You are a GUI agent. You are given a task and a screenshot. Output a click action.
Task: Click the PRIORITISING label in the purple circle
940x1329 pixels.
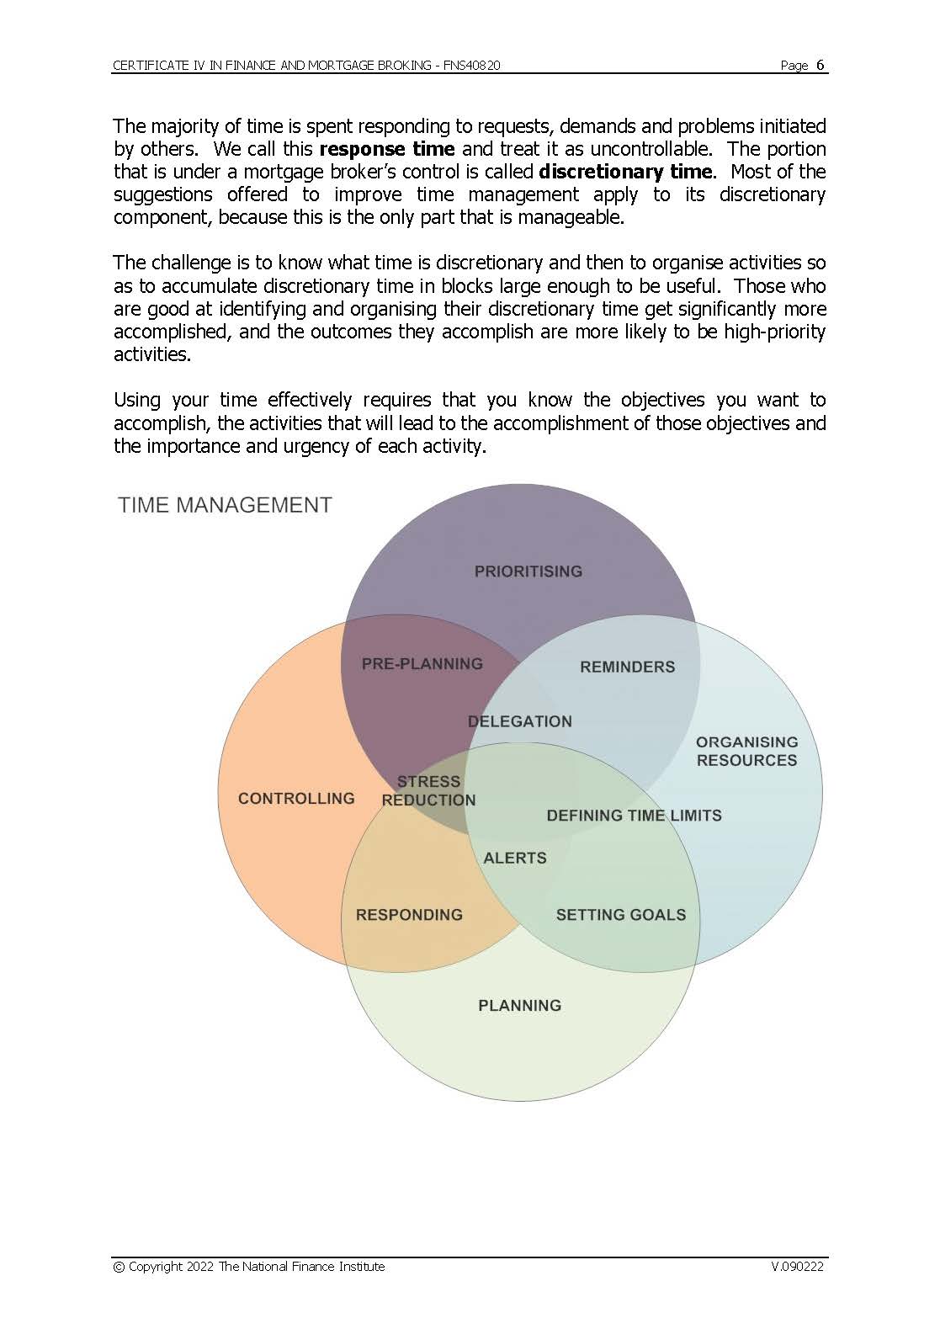pos(528,571)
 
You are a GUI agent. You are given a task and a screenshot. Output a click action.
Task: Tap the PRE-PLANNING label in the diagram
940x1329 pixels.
pos(422,664)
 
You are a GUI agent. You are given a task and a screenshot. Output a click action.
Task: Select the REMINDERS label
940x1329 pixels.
pos(627,667)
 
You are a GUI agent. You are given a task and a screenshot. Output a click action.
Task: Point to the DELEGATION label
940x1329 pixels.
pos(519,721)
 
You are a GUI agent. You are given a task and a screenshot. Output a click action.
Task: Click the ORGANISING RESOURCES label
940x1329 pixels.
pos(746,751)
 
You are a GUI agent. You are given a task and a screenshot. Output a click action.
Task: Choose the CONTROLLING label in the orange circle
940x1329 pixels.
pos(296,799)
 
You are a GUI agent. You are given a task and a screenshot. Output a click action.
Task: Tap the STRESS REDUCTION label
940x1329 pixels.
pos(428,791)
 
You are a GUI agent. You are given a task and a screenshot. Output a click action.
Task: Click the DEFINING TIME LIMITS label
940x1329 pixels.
pos(634,816)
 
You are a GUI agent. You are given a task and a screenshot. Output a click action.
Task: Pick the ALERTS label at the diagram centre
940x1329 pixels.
pos(514,859)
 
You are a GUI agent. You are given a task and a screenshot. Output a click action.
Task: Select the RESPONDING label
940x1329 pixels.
pos(409,915)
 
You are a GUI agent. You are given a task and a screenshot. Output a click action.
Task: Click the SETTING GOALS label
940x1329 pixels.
pos(620,915)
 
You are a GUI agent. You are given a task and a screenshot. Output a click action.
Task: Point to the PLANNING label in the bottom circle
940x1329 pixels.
pos(519,1006)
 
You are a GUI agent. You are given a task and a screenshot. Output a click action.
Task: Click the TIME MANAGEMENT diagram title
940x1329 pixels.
pos(225,505)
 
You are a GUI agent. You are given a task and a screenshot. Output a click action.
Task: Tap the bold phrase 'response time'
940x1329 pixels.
pos(387,150)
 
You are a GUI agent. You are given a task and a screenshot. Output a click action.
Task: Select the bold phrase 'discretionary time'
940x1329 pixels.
pos(625,173)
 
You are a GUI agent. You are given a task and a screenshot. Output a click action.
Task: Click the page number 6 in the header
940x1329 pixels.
pos(821,65)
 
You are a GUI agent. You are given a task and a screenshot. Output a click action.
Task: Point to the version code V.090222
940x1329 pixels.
pos(796,1267)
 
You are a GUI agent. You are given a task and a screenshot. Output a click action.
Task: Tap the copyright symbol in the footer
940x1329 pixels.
pos(119,1267)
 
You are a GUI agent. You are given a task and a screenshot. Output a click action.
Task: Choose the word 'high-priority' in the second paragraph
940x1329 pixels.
pos(773,332)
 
